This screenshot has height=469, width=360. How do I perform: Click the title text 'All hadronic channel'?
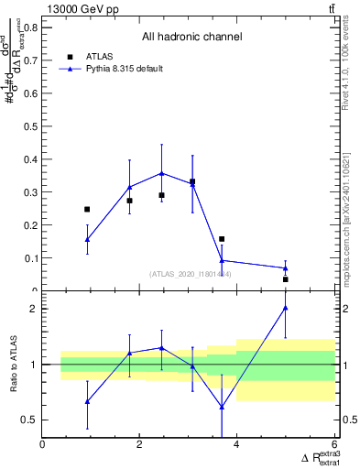point(191,38)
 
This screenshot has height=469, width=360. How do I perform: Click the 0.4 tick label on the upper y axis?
point(30,159)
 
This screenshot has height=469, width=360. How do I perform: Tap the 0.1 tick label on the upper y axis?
point(30,259)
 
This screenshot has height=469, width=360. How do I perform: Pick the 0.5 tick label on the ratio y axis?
point(30,420)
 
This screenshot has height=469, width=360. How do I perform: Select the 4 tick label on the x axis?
point(236,445)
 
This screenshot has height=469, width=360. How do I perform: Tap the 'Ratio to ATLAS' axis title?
point(14,365)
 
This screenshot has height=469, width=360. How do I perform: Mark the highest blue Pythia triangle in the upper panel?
point(161,173)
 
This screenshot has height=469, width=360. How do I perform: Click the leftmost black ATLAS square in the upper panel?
point(87,210)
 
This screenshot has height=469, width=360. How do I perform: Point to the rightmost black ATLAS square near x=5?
point(285,279)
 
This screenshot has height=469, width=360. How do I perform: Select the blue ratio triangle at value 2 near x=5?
point(285,309)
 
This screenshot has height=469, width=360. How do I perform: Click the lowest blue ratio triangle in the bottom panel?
point(222,407)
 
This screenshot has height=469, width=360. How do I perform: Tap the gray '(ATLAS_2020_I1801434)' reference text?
point(190,274)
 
